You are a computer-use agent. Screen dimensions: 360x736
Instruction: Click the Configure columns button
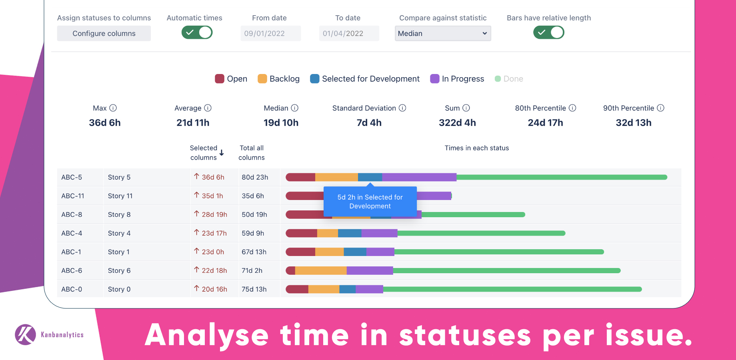(104, 34)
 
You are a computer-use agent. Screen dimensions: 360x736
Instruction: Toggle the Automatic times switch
(197, 32)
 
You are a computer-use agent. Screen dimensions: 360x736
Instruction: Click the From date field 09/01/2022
(270, 34)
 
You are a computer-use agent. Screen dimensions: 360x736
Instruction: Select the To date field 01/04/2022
(349, 34)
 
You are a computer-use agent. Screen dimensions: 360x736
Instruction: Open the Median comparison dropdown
(443, 34)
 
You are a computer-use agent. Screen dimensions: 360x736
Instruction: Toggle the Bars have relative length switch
(548, 32)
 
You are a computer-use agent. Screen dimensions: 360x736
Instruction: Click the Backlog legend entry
(279, 79)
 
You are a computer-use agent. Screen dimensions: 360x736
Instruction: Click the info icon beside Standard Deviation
(403, 108)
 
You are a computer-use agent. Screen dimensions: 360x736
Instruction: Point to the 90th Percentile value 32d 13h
(634, 123)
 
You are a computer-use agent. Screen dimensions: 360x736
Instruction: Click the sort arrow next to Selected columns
(222, 153)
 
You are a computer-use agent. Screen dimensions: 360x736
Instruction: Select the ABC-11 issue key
(73, 196)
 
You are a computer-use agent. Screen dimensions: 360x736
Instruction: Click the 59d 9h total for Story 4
(253, 233)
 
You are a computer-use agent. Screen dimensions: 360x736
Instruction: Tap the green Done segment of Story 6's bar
(506, 271)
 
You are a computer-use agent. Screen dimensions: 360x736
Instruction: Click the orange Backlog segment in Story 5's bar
(336, 177)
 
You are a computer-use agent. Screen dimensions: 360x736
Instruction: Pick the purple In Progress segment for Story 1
(380, 252)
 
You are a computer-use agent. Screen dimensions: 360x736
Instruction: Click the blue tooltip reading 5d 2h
(370, 202)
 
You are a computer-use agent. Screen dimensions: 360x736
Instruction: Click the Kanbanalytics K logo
(25, 334)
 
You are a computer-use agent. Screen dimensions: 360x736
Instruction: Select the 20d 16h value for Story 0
(214, 289)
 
